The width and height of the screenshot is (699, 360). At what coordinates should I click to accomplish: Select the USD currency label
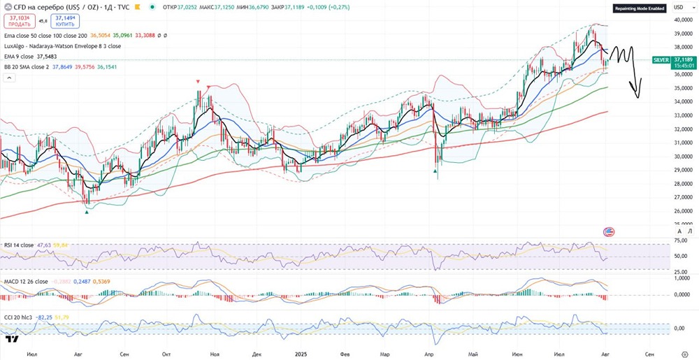tap(678, 7)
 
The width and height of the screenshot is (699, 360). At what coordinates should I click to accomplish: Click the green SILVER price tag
tap(661, 60)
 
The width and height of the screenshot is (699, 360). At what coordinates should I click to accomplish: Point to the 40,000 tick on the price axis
tap(682, 20)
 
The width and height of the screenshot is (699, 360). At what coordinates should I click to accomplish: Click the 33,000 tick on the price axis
tap(682, 115)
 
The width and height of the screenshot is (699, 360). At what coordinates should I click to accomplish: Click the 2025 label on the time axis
tap(301, 354)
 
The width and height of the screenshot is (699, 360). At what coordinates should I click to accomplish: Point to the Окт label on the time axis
tap(166, 354)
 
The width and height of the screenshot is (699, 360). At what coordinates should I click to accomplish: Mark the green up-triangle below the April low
tap(436, 171)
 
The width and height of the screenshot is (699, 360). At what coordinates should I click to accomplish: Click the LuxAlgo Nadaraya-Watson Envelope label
tap(62, 46)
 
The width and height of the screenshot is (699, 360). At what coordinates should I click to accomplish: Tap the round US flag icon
tap(608, 231)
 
